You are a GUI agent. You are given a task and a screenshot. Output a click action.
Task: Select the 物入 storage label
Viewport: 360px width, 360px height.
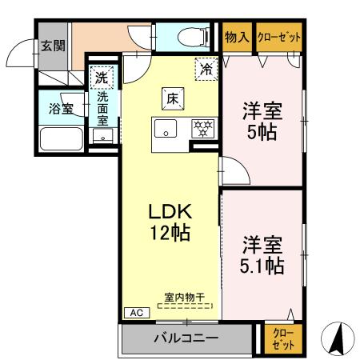tap(237, 37)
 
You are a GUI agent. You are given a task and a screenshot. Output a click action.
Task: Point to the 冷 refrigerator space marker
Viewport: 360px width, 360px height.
tap(206, 69)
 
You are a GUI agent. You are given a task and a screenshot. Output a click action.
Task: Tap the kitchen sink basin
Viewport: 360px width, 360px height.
tap(166, 127)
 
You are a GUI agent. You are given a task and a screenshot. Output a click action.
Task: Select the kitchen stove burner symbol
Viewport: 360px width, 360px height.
tap(202, 126)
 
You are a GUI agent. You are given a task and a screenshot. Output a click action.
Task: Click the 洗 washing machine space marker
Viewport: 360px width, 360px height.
tap(101, 78)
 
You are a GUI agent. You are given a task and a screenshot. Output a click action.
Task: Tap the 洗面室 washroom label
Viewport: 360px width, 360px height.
tap(103, 108)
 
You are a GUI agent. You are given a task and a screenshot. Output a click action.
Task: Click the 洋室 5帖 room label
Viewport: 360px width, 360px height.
tap(262, 122)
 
